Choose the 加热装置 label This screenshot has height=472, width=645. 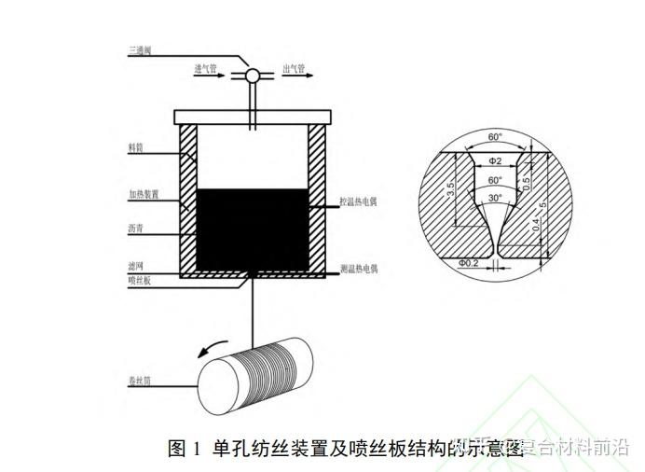pos(144,195)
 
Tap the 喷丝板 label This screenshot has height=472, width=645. pos(140,280)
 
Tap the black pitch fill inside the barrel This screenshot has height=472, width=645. pos(253,229)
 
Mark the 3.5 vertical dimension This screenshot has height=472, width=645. pos(451,192)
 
